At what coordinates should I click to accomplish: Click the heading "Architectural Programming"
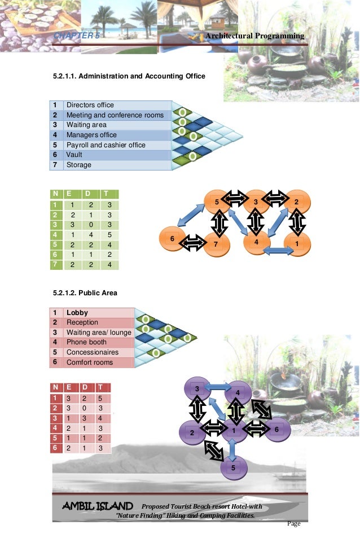(x=255, y=36)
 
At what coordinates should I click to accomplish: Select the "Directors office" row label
(x=90, y=105)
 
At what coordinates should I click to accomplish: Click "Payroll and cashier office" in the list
(x=106, y=145)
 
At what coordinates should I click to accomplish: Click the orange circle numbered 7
(x=215, y=244)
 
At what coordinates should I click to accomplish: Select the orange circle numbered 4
(x=256, y=242)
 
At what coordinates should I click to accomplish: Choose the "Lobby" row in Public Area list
(x=77, y=313)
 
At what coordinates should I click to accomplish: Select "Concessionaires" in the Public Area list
(x=93, y=352)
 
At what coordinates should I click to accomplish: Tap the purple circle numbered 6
(x=276, y=430)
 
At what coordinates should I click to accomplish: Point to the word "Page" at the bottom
(x=294, y=523)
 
